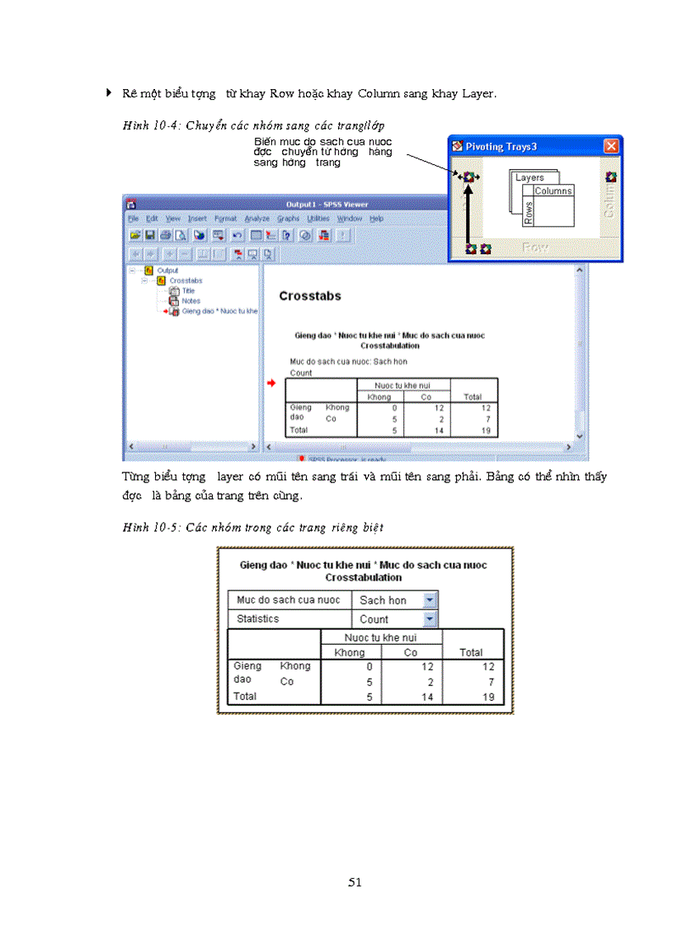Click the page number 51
coord(355,882)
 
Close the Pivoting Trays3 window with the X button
coord(610,146)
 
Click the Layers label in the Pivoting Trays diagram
coord(529,177)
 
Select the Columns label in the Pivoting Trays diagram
coord(553,191)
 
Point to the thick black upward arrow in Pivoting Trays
coord(469,214)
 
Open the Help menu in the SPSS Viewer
coord(376,219)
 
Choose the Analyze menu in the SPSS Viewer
coord(256,219)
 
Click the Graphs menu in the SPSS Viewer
coord(288,219)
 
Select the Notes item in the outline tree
coord(191,301)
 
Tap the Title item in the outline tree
coord(188,290)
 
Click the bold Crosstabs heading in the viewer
coord(310,296)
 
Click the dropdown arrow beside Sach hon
coord(429,600)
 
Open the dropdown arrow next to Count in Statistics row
coord(429,619)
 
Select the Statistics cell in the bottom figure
coord(258,619)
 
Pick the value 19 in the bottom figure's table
coord(488,697)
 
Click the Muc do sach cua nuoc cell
coord(288,600)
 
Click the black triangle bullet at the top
coord(109,92)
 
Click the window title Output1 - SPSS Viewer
coord(327,204)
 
